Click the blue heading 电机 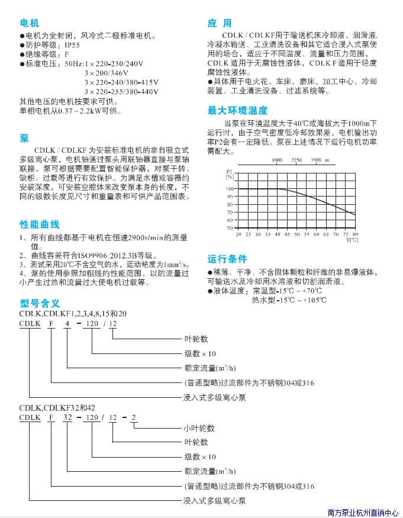[29, 23]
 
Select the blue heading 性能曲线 [40, 224]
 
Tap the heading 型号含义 [40, 303]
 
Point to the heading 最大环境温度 [237, 111]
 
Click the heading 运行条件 [227, 259]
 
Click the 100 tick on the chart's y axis [230, 189]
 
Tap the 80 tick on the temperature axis [355, 234]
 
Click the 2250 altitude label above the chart [296, 160]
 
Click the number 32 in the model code [68, 417]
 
